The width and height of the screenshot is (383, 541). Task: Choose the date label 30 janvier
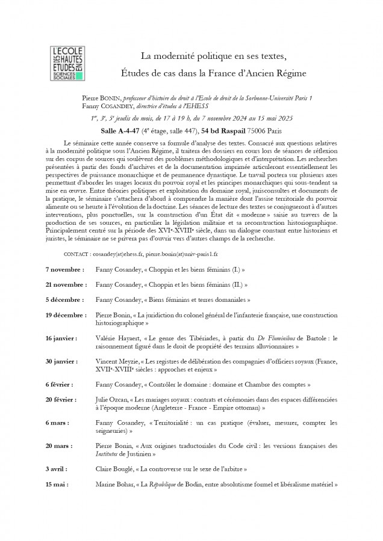tap(61, 361)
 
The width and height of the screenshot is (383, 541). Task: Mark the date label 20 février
tap(62, 399)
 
